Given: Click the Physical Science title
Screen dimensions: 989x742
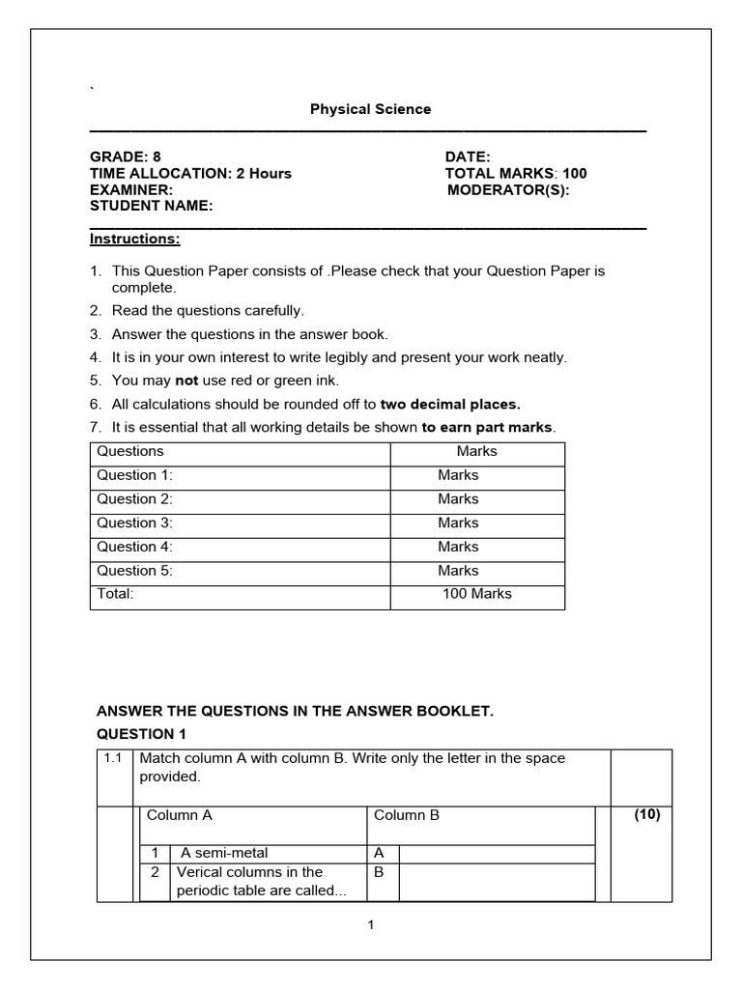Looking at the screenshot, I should pyautogui.click(x=370, y=109).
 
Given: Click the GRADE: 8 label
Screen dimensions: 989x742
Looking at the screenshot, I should pyautogui.click(x=126, y=156).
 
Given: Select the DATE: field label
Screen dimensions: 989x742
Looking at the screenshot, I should pyautogui.click(x=468, y=156).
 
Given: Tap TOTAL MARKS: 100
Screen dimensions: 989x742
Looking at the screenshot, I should pyautogui.click(x=515, y=174).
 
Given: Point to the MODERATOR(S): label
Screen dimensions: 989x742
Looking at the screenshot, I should pyautogui.click(x=508, y=189).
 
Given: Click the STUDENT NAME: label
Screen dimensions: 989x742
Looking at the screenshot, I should pyautogui.click(x=152, y=206).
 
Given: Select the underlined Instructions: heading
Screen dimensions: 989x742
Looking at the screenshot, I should pyautogui.click(x=135, y=239).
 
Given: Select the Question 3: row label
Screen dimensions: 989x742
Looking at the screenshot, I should pyautogui.click(x=134, y=523).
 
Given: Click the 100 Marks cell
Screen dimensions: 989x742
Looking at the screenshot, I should pyautogui.click(x=477, y=594).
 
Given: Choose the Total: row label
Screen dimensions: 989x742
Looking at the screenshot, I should pyautogui.click(x=115, y=594).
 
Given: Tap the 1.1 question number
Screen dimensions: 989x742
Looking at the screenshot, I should pyautogui.click(x=113, y=758).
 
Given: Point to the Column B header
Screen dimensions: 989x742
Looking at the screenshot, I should pyautogui.click(x=407, y=815).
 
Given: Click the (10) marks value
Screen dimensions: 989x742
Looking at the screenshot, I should pyautogui.click(x=646, y=814).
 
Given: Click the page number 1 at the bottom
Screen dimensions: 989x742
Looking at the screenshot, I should pyautogui.click(x=370, y=925).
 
